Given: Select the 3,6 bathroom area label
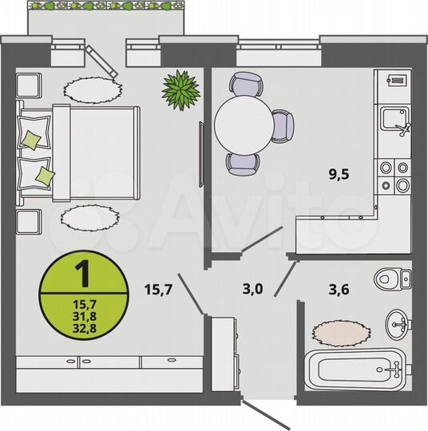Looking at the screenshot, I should [x=336, y=289].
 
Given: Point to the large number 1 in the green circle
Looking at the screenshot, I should [x=81, y=274].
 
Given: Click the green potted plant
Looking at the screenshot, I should [x=180, y=89].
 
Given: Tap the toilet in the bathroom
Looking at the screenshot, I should [x=394, y=279].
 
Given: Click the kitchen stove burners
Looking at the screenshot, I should [x=394, y=176].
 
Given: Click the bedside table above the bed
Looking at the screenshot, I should [x=30, y=85].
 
